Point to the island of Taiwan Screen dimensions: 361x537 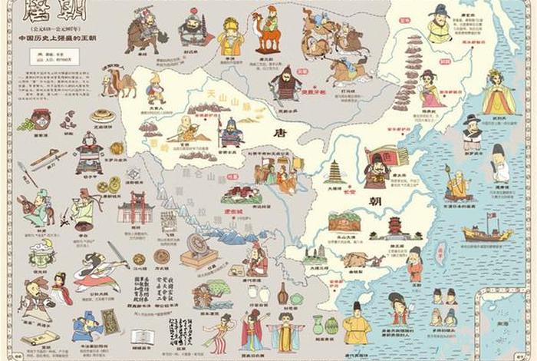(442, 253)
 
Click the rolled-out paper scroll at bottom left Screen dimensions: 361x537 (38, 338)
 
